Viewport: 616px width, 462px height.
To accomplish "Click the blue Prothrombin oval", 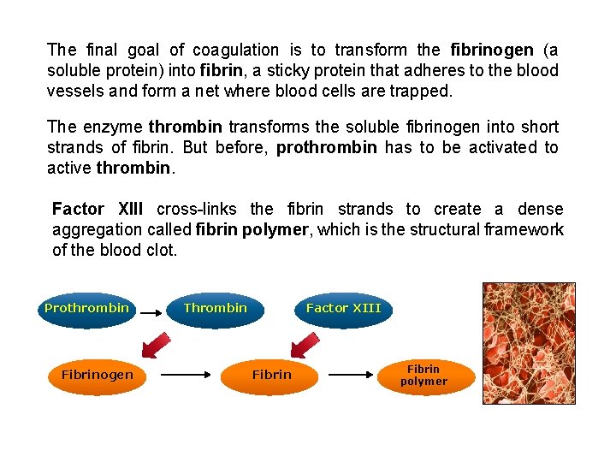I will tap(86, 308).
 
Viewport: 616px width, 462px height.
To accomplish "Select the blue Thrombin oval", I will tap(216, 308).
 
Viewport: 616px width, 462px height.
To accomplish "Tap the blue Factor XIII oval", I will tap(344, 308).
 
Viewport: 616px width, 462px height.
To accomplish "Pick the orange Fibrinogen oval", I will tap(97, 375).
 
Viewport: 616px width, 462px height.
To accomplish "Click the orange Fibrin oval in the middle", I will tap(271, 375).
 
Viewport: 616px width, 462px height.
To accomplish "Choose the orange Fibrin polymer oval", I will tap(424, 376).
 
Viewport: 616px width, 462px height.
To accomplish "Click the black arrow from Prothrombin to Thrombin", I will tap(151, 314).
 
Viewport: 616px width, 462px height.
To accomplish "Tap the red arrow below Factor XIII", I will tap(304, 345).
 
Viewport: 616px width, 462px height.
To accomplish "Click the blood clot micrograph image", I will tap(528, 342).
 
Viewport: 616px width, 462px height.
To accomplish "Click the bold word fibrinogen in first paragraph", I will tap(491, 50).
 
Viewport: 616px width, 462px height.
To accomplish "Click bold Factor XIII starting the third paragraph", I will tap(98, 210).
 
